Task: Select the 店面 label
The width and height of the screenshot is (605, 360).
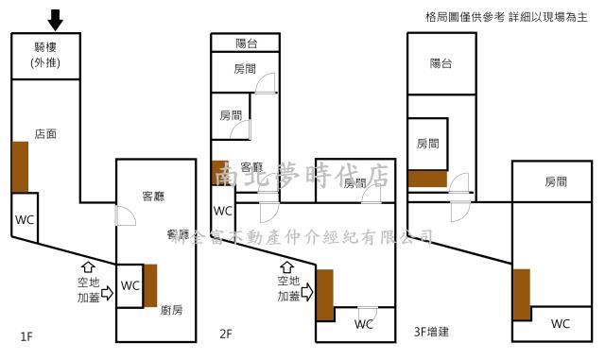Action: coord(44,134)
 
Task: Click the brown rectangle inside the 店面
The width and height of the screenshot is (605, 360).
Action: coord(19,167)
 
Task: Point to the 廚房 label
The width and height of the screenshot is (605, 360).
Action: coord(171,309)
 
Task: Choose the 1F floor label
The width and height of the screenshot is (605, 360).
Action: coord(27,335)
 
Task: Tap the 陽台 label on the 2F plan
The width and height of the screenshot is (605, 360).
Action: coord(246,43)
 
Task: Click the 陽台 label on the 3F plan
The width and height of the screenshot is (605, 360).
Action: coord(441,63)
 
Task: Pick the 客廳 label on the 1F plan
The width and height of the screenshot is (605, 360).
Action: coord(153,197)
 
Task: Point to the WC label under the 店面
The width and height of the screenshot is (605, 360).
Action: coord(25,219)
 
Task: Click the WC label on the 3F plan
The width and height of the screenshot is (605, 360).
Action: coord(560,324)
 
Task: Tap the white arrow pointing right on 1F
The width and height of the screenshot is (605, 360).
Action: coord(106,293)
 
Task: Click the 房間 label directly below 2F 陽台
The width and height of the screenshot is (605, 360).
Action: coord(244,69)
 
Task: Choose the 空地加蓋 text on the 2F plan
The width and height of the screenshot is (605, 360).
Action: coord(288,288)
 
